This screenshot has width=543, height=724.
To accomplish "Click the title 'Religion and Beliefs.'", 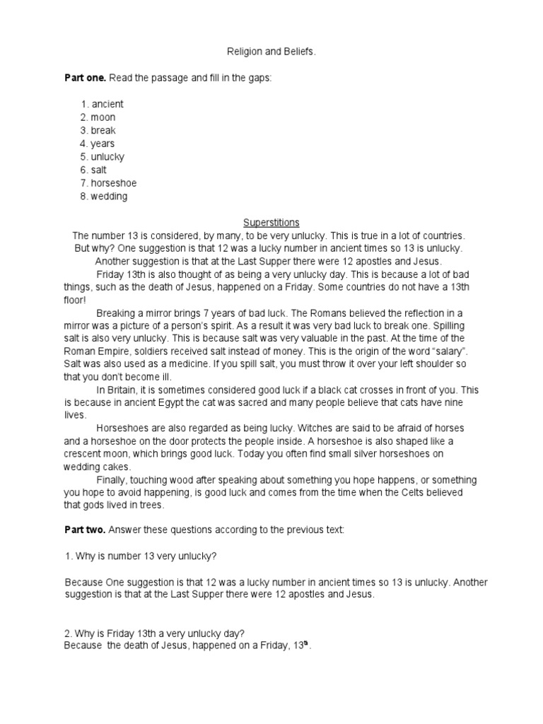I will point(271,52).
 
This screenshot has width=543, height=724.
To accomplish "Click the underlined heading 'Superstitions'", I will point(271,222).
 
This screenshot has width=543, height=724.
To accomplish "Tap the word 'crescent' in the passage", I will point(84,454).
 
